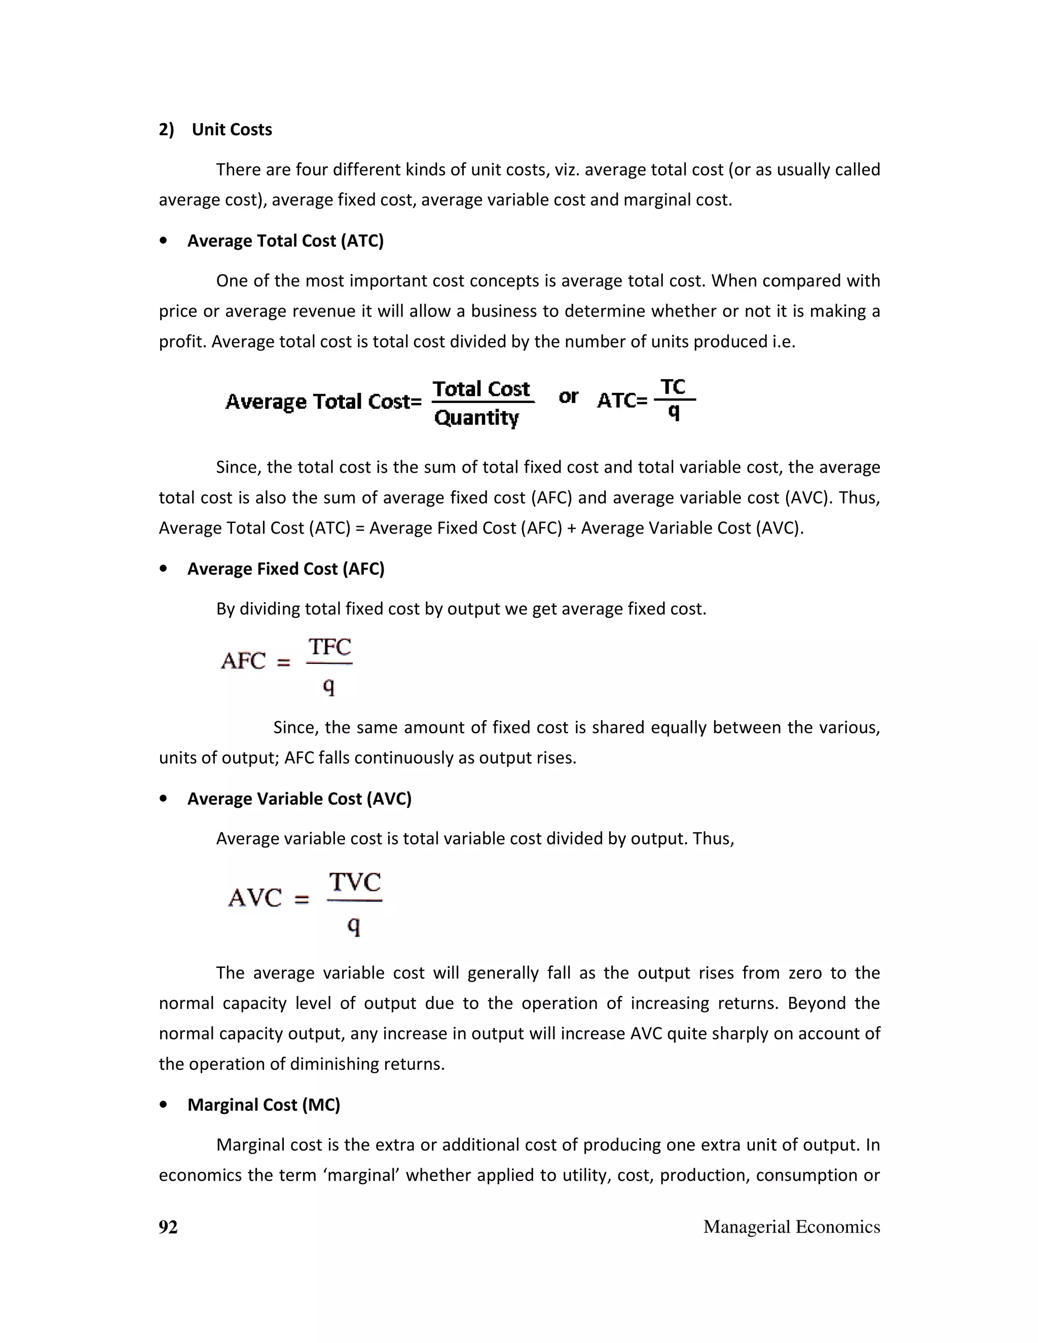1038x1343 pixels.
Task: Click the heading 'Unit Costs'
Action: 231,130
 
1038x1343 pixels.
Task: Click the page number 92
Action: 168,1227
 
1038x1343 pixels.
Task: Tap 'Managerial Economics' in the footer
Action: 791,1227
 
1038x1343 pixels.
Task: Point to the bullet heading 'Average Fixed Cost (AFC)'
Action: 285,569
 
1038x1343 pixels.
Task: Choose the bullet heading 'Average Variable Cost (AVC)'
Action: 299,799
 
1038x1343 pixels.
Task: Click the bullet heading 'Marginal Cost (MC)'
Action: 263,1105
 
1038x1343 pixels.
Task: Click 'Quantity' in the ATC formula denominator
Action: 476,418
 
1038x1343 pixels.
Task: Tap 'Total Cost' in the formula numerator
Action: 481,389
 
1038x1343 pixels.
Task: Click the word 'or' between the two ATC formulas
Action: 568,397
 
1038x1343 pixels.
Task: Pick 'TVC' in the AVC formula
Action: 355,882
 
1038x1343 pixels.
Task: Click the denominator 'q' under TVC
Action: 354,925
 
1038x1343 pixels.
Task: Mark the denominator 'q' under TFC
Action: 329,686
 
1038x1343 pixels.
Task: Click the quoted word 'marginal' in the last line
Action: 361,1175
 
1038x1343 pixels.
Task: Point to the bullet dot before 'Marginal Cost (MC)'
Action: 163,1105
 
